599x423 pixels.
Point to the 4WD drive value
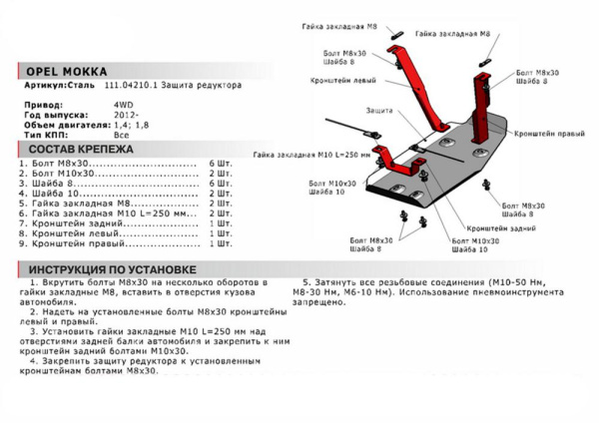pyautogui.click(x=121, y=103)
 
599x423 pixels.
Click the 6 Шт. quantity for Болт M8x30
pyautogui.click(x=220, y=162)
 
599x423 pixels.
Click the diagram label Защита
pyautogui.click(x=378, y=108)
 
